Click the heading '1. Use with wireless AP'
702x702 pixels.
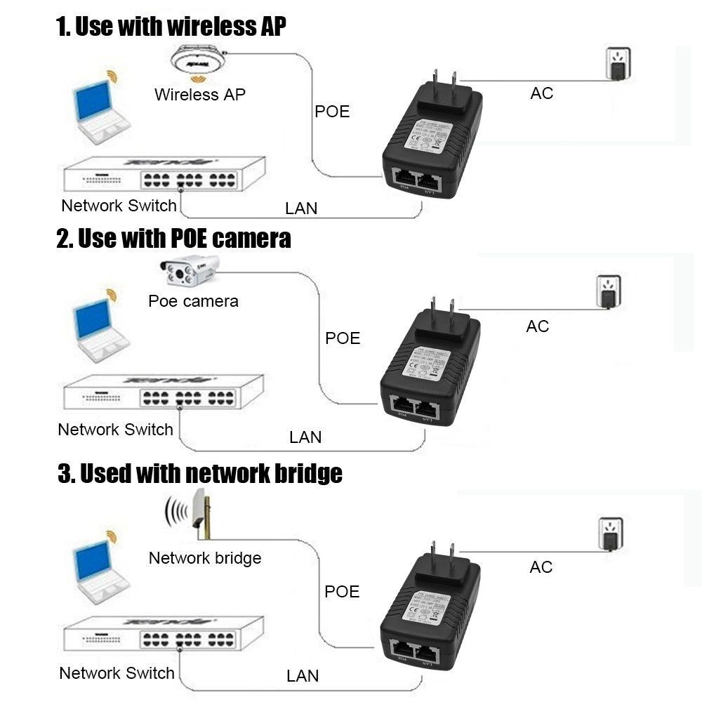(171, 27)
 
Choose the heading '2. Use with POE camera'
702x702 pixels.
(173, 239)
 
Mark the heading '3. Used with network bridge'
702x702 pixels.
(200, 473)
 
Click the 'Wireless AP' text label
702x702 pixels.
(200, 95)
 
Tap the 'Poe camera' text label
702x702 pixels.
(193, 302)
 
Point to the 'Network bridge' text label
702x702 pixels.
(205, 558)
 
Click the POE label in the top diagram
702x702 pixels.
(332, 112)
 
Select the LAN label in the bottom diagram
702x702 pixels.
(303, 676)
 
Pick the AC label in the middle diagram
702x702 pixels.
(537, 326)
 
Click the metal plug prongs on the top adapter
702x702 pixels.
(444, 79)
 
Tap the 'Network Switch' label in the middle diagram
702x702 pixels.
(115, 430)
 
